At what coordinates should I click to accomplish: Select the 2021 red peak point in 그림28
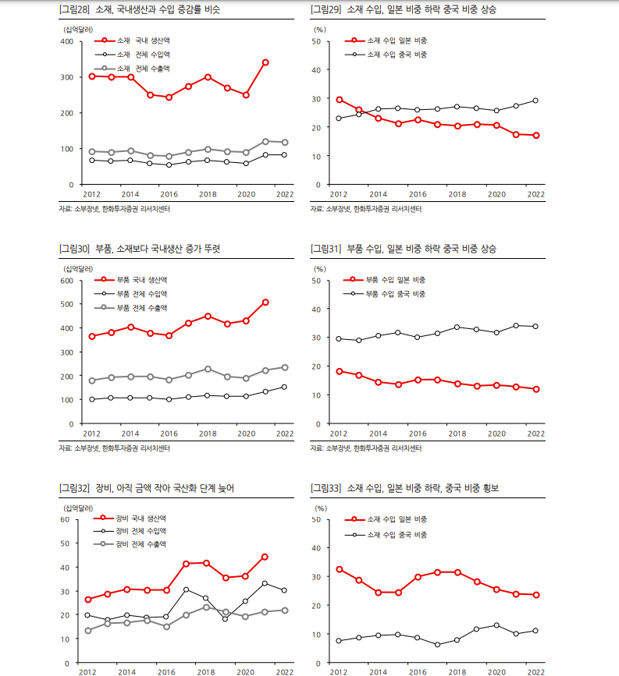pos(265,62)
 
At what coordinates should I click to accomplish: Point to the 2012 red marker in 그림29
pos(339,100)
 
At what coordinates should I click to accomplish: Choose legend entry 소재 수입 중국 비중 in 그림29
pos(397,55)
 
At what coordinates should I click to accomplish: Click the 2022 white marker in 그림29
pos(535,101)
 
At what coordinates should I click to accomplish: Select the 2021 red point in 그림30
pos(265,302)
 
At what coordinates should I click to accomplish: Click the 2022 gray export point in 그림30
pos(284,367)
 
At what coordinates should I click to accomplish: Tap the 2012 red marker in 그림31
pos(339,371)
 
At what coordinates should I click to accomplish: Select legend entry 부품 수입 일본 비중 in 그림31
pos(397,279)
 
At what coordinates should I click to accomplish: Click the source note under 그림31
pos(370,448)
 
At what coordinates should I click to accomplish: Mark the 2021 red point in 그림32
pos(265,557)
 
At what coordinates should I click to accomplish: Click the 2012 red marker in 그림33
pos(339,569)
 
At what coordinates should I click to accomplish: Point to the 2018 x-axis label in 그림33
pos(457,671)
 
